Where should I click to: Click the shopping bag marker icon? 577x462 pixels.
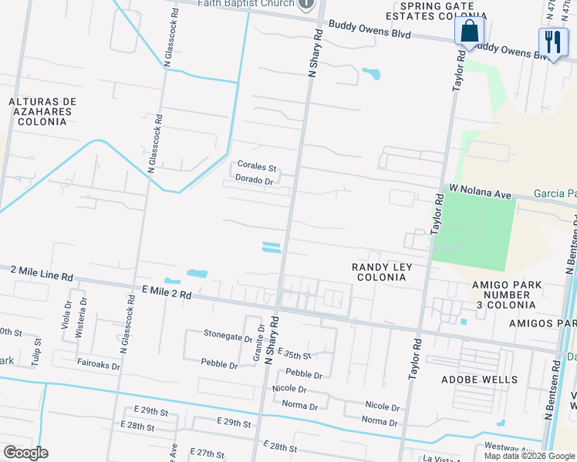coord(468,33)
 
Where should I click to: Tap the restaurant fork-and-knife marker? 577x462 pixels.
coord(552,43)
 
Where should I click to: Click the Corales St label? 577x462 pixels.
coord(256,166)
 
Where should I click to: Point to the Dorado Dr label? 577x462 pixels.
coord(255,181)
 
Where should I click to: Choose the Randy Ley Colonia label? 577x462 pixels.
coord(382,272)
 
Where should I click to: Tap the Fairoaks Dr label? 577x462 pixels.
coord(98,362)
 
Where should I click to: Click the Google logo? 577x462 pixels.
coord(25,453)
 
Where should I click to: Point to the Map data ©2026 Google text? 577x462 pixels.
coord(529,455)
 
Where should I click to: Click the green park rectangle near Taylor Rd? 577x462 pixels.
coord(473,229)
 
